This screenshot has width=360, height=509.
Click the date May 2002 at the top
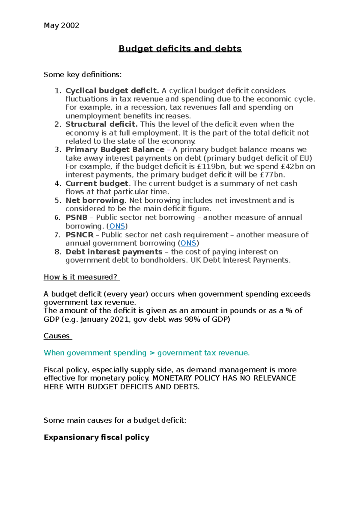(61, 25)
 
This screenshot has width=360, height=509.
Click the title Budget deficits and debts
(180, 49)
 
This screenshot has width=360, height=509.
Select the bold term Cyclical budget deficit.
(112, 91)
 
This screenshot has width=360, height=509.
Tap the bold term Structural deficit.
(101, 124)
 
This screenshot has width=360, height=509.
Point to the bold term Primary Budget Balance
(115, 150)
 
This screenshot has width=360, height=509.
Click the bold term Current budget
(97, 183)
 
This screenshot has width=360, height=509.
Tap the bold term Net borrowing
(95, 200)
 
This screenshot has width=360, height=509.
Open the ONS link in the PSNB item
(117, 226)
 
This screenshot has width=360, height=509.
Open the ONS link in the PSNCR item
(188, 243)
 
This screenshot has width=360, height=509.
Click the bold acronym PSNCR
(79, 235)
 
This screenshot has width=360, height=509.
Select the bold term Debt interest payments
(114, 252)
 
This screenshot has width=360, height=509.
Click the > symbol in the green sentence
(152, 353)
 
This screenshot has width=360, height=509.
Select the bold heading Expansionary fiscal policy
(97, 437)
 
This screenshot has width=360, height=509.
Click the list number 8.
(58, 252)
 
